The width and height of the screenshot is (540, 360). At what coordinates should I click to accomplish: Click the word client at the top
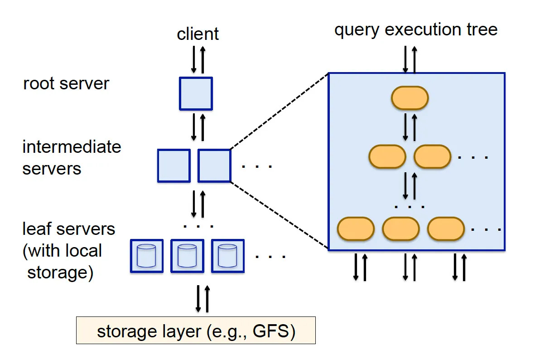pos(198,34)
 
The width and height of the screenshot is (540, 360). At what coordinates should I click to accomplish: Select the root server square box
pos(196,93)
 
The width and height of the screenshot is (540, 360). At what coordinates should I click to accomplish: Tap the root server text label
pos(66,84)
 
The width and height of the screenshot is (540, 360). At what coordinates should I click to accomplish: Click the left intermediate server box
pos(174,165)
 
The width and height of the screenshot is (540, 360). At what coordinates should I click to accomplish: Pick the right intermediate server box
pos(214,165)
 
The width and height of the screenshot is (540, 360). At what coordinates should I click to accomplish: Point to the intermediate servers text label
pos(72,158)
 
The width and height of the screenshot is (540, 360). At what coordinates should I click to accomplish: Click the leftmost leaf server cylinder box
pos(146,256)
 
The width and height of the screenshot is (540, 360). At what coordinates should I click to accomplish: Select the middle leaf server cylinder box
pos(187,256)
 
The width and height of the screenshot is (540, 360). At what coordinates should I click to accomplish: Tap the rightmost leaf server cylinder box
pos(227,256)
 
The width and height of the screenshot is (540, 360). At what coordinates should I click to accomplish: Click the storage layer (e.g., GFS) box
pos(196,331)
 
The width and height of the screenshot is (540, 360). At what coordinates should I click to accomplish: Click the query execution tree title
pos(416,30)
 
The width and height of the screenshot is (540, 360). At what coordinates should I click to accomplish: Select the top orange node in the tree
pos(410,98)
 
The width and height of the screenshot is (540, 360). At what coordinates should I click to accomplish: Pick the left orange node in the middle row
pos(387,156)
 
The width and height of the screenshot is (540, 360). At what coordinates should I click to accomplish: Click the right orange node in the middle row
pos(432,156)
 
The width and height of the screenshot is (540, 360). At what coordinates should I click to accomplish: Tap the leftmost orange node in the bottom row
pos(356,229)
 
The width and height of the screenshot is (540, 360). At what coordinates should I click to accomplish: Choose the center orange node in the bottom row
pos(400,229)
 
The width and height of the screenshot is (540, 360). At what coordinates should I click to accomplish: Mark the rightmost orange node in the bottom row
pos(446,229)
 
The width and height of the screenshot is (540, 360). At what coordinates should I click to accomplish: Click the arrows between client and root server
pos(198,59)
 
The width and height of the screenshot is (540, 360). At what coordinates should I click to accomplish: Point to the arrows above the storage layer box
pos(202,298)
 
